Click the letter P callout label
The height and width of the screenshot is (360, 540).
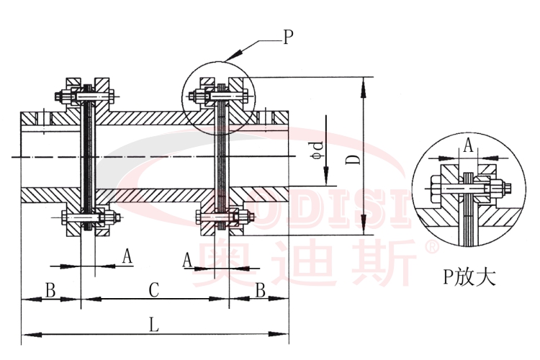pos(288,37)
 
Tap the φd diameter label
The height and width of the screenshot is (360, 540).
pos(315,147)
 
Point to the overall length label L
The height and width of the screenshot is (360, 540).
pos(153,325)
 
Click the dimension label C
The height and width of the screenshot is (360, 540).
pos(153,290)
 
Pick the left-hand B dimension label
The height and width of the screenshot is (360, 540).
pos(50,290)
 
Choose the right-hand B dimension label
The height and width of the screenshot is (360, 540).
pos(260,290)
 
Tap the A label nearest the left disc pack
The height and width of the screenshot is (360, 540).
pos(127,256)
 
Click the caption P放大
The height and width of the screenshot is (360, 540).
pos(469,276)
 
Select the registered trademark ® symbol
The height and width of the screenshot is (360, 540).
pos(432,246)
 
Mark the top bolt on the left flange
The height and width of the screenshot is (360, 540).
pos(86,94)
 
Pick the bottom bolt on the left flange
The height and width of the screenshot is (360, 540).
pos(86,218)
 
